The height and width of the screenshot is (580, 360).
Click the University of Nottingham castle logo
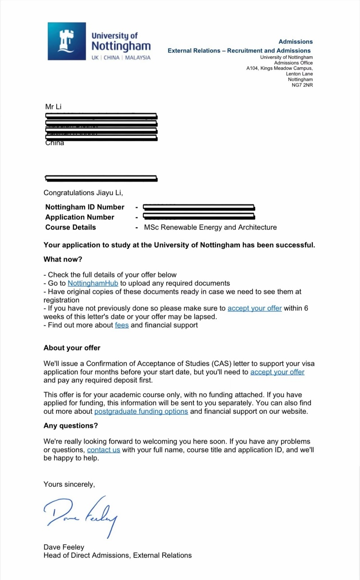click(66, 41)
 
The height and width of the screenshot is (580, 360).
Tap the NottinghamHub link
click(93, 283)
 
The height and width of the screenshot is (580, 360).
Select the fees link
click(122, 325)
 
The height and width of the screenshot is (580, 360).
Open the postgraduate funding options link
click(141, 411)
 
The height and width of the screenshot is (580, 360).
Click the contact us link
click(103, 450)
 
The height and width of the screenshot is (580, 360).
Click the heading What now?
click(63, 259)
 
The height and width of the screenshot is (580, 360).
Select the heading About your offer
click(72, 348)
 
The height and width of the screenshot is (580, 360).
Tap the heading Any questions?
click(70, 426)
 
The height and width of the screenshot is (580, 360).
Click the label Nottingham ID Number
click(84, 207)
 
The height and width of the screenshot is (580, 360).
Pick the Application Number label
click(80, 217)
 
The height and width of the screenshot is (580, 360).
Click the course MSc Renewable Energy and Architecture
click(210, 227)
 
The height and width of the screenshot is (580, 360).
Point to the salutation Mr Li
click(54, 107)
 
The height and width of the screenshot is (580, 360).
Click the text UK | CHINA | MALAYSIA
click(121, 58)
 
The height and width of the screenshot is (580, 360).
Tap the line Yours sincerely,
click(69, 484)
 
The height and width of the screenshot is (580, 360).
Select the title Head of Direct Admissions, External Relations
click(117, 555)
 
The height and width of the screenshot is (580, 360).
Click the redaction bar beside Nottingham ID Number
click(199, 207)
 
